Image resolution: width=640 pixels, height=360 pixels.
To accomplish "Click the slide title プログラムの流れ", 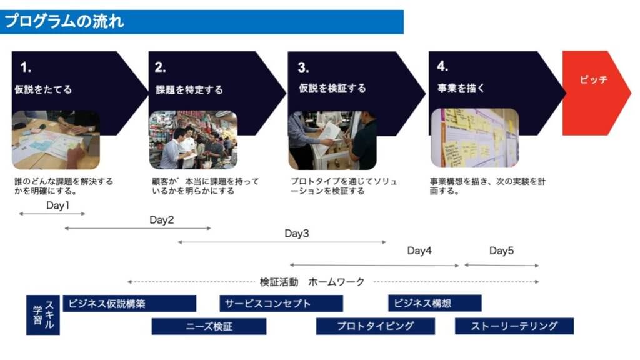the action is tap(64, 21).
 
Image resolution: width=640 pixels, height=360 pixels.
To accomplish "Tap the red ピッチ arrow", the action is tap(596, 93).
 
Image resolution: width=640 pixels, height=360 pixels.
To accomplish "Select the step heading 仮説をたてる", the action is tap(43, 89).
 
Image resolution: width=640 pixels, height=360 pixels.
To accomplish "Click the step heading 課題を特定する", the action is tap(189, 89).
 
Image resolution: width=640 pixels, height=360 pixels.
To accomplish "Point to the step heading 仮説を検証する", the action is tap(332, 87).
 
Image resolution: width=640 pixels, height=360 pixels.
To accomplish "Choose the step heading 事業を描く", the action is tap(461, 87).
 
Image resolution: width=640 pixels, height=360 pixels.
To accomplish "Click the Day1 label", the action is tap(58, 205).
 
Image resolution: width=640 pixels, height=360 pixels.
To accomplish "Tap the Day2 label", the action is tap(162, 220).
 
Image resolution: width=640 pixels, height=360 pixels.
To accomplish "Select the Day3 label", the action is tap(297, 234).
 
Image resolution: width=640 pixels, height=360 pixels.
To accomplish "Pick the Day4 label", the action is tap(419, 251).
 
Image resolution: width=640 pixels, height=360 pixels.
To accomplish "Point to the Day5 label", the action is tap(502, 251).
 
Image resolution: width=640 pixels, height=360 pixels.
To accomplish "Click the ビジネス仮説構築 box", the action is tap(129, 304).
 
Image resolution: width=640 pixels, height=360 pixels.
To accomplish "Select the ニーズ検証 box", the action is tap(209, 326).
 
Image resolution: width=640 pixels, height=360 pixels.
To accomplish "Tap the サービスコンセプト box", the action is tap(281, 304).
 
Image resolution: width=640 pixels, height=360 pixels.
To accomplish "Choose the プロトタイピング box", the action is tap(376, 326).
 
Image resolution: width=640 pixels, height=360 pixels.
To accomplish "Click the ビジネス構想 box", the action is tap(435, 303).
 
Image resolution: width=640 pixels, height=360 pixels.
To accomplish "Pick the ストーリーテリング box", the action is tap(514, 326).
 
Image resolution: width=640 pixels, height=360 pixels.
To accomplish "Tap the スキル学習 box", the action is tap(43, 315).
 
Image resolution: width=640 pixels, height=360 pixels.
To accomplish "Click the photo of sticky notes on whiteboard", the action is tap(475, 138).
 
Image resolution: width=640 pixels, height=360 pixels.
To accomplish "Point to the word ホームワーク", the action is tap(336, 282).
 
